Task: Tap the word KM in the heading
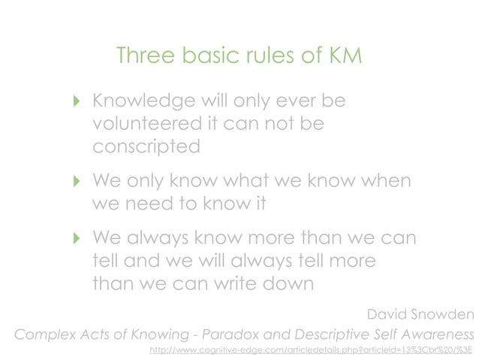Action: (342, 56)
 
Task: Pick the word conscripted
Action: (146, 146)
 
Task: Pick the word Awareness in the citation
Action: (436, 333)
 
